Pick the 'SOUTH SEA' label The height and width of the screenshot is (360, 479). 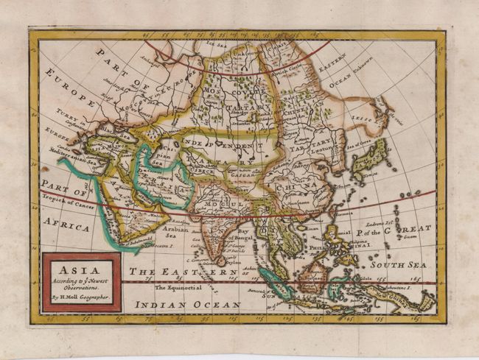(x=398, y=264)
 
